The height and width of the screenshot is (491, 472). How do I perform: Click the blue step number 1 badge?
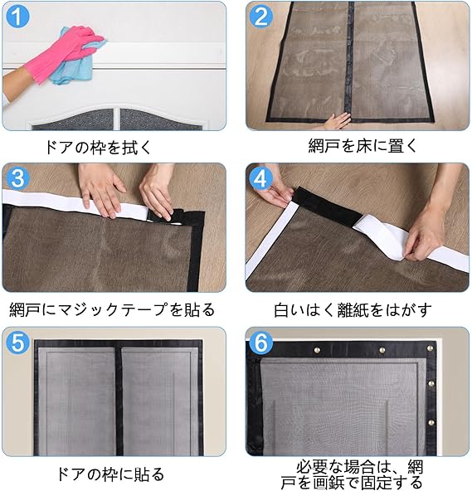tap(18, 17)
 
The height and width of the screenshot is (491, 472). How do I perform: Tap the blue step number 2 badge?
tap(261, 17)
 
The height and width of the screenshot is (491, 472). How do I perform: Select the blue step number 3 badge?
tap(18, 178)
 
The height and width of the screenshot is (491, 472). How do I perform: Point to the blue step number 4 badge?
tap(261, 178)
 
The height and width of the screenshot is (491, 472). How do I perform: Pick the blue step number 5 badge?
tap(18, 343)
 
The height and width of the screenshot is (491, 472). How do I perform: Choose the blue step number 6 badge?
tap(261, 343)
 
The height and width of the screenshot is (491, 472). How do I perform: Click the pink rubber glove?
tap(63, 53)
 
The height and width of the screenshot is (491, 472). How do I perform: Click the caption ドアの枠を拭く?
tap(98, 147)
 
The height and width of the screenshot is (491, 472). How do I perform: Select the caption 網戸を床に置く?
tap(363, 146)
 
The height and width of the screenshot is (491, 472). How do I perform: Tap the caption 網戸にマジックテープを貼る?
tap(112, 309)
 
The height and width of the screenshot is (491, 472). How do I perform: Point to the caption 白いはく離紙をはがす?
tap(353, 309)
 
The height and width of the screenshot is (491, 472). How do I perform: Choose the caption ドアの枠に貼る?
tap(110, 474)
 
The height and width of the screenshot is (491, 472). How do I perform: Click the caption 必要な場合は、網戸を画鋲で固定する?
tap(352, 474)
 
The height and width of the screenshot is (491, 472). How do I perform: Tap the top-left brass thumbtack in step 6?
tap(317, 350)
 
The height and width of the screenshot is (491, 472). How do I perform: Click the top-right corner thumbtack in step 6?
tap(430, 348)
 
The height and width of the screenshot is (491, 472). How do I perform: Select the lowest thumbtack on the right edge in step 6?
tap(431, 422)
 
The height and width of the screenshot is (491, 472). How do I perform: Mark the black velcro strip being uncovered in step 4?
tap(328, 206)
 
